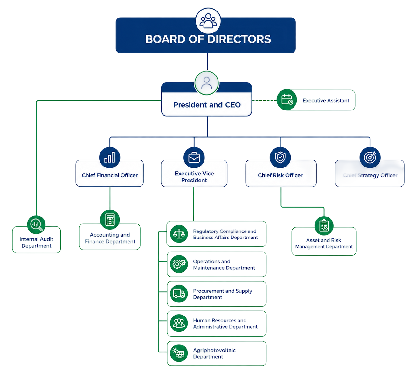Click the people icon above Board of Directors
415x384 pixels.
click(x=208, y=21)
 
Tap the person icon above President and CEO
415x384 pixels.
click(x=206, y=83)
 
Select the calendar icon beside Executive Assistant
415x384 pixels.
click(x=287, y=100)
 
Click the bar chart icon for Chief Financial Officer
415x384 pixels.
click(x=109, y=157)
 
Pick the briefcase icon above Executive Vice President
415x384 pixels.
click(x=194, y=157)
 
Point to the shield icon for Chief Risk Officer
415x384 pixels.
click(x=280, y=157)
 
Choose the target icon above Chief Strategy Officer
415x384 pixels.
click(x=370, y=157)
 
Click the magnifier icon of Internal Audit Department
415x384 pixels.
click(x=36, y=224)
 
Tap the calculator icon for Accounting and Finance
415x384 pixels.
click(x=110, y=219)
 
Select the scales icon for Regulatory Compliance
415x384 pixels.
click(x=179, y=234)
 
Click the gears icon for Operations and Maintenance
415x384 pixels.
click(x=179, y=264)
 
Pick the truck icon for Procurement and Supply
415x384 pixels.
click(x=179, y=294)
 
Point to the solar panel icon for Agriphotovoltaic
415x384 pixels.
click(x=179, y=353)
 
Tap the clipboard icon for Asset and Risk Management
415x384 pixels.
click(x=324, y=226)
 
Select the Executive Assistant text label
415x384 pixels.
click(x=326, y=100)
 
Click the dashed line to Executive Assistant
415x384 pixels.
click(x=264, y=100)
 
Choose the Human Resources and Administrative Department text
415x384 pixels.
click(x=225, y=324)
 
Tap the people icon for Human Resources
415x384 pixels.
click(x=179, y=323)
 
